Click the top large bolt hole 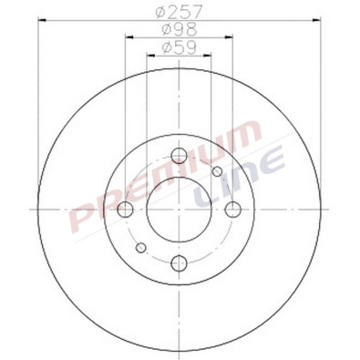[178, 153]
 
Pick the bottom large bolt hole [178, 263]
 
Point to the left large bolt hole [124, 210]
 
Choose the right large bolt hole [233, 210]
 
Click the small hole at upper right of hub [217, 172]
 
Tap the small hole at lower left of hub [140, 247]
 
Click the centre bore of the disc [178, 210]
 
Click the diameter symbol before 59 [164, 47]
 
